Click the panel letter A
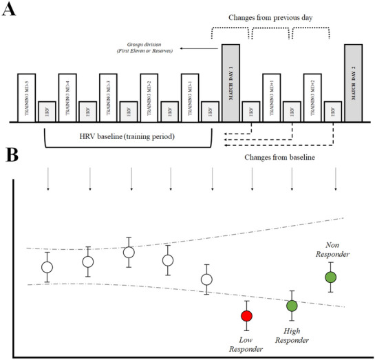(10, 11)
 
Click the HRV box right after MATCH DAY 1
(252, 112)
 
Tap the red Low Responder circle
(246, 316)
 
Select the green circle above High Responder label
(292, 306)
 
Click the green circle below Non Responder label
(331, 277)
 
